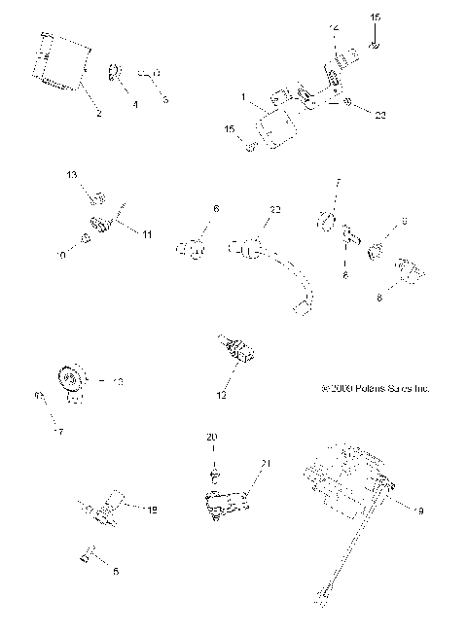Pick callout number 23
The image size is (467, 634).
380,115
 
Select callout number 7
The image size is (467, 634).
338,183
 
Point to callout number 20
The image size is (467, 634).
211,438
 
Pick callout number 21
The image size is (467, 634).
260,464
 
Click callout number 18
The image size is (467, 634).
151,509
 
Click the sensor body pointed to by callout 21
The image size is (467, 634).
225,504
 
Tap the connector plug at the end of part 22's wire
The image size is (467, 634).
302,308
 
